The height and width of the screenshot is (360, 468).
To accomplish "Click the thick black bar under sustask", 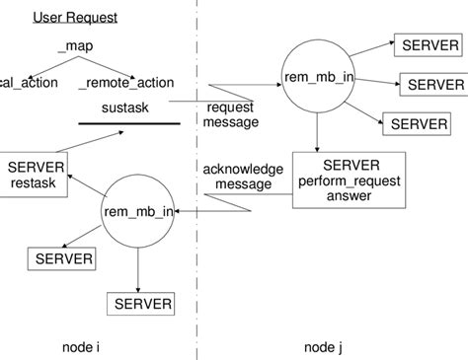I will (129, 123).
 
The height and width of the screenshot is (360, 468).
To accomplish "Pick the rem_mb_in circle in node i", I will (137, 210).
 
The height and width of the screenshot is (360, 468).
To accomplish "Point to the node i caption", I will (81, 347).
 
